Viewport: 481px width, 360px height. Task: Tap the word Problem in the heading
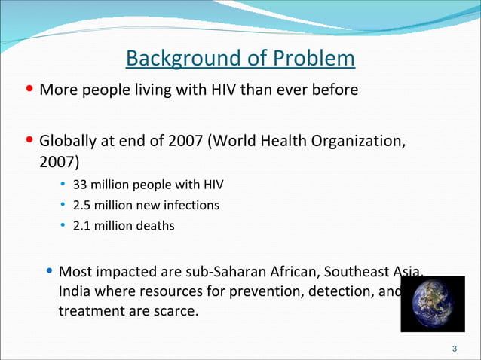pyautogui.click(x=314, y=58)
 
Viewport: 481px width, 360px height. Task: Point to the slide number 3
pyautogui.click(x=454, y=349)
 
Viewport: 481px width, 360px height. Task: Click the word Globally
pyautogui.click(x=69, y=140)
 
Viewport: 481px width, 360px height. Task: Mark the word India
pyautogui.click(x=75, y=290)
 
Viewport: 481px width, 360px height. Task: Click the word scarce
pyautogui.click(x=172, y=309)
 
